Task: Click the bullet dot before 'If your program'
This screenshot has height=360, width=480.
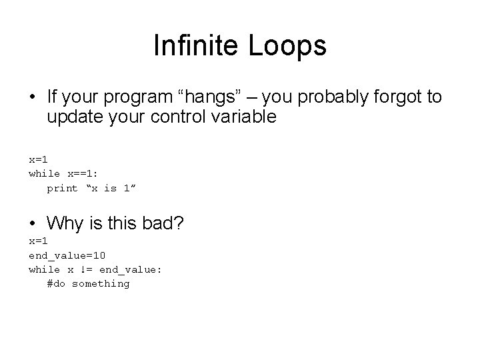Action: point(32,98)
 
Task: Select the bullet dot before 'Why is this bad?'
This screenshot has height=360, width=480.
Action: point(32,222)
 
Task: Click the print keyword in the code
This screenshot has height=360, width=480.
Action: point(62,188)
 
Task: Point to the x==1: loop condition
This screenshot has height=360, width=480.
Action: point(83,173)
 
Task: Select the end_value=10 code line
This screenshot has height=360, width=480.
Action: point(67,255)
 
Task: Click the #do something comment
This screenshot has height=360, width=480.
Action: point(88,284)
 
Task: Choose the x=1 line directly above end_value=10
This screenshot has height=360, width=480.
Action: point(37,240)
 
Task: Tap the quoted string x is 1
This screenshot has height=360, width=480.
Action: point(112,188)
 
